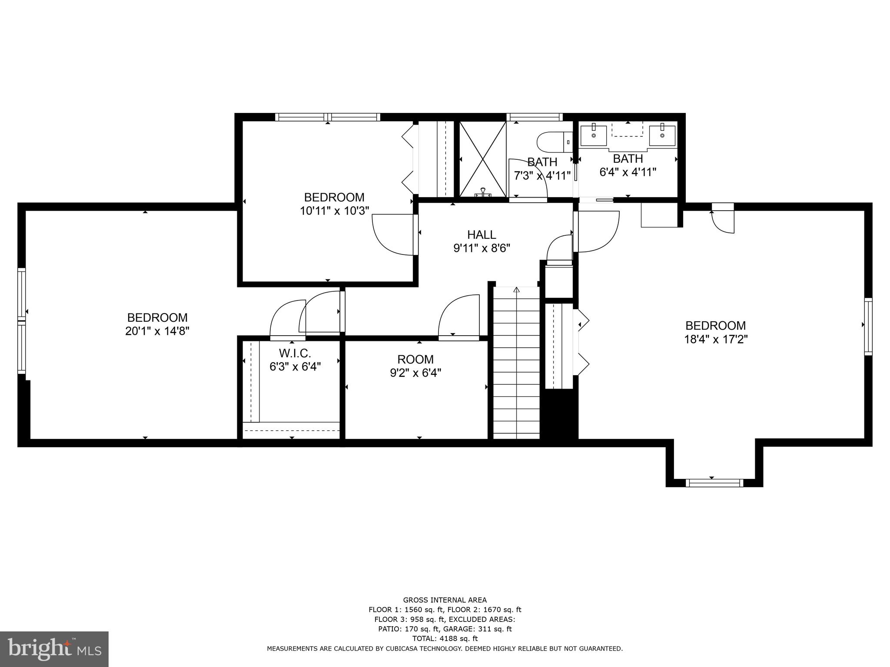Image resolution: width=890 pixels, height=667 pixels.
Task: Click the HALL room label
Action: pos(482,235)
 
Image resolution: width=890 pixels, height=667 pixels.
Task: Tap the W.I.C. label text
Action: pos(295,353)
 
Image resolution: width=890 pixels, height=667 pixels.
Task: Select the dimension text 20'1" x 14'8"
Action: pos(157,331)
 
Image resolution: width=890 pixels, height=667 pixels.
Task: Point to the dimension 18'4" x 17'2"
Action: pos(716,339)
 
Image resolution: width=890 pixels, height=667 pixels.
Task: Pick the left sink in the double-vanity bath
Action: pos(594,135)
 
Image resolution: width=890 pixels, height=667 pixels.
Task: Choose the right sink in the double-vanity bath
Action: pos(662,135)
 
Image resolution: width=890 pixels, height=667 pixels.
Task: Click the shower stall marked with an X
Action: pos(483,159)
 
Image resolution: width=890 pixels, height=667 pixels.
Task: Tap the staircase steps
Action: pos(516,365)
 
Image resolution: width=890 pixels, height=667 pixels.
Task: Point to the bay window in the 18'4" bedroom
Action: pos(714,482)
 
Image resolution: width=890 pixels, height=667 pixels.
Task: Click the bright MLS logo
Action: pos(54,649)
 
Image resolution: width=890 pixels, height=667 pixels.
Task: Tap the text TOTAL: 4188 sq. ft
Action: pos(445,638)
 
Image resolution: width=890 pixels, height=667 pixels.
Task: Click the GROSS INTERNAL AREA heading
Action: pos(445,600)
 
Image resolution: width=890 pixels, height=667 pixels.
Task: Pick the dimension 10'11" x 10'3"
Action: pos(334,211)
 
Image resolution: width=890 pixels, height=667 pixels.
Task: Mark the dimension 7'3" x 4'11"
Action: pos(542,176)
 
